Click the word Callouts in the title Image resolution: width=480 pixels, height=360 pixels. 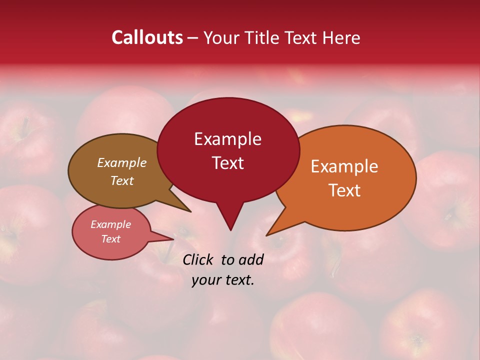147,37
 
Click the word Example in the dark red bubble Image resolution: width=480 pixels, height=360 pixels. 227,139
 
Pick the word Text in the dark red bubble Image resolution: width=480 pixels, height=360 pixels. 227,163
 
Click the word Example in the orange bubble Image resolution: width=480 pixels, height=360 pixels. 344,166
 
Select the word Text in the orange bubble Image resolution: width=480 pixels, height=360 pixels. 344,190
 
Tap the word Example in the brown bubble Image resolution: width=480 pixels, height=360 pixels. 122,162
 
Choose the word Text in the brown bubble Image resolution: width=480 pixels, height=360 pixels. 122,180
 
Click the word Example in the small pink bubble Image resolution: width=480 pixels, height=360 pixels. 111,224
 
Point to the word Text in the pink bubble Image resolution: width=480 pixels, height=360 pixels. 111,239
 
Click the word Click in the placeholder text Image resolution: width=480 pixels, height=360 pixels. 198,259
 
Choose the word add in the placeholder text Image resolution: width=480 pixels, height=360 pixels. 251,259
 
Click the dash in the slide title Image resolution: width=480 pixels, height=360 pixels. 193,37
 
